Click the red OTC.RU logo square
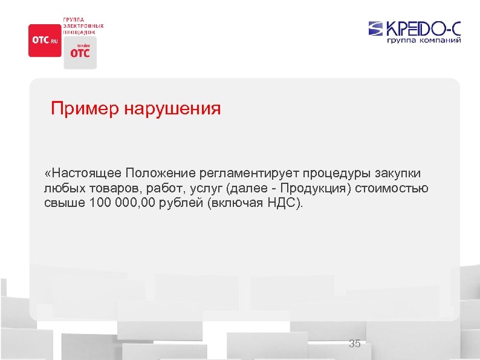pos(45,41)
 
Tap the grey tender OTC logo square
pos(79,52)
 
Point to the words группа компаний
pos(424,41)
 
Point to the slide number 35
pos(355,344)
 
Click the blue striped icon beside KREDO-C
pos(376,28)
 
